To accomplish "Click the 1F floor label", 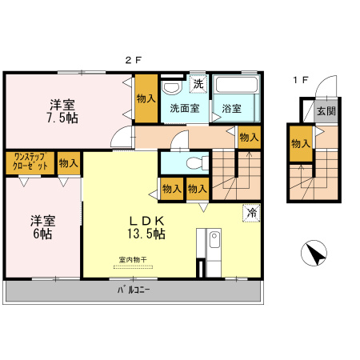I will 299,79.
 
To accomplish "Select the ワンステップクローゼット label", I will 30,162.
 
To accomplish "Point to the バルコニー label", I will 133,290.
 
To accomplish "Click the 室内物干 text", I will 133,259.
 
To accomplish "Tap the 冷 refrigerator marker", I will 251,213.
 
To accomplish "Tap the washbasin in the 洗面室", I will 170,87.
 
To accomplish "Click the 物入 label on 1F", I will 300,144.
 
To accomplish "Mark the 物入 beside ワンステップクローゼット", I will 69,162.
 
